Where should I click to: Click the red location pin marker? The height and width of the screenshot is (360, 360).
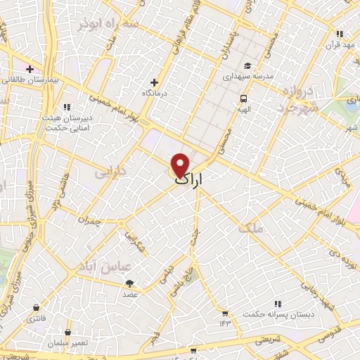(x=180, y=165)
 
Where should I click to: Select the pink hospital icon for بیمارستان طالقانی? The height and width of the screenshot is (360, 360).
(x=30, y=69)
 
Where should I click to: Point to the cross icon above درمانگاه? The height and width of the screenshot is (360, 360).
(x=155, y=82)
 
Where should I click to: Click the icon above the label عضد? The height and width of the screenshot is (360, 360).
(x=131, y=283)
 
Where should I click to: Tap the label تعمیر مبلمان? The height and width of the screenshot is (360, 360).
(x=67, y=342)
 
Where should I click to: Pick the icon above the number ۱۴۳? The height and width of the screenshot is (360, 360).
(x=224, y=313)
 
